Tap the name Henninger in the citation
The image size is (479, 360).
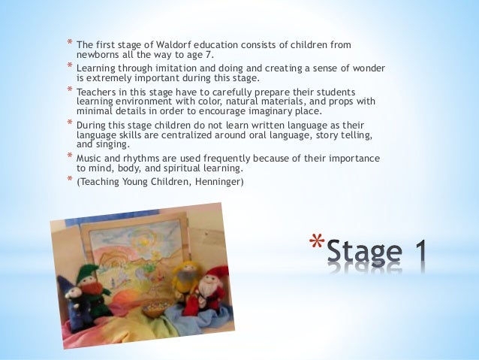[x=217, y=180]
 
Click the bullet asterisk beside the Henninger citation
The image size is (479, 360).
[x=68, y=180]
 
